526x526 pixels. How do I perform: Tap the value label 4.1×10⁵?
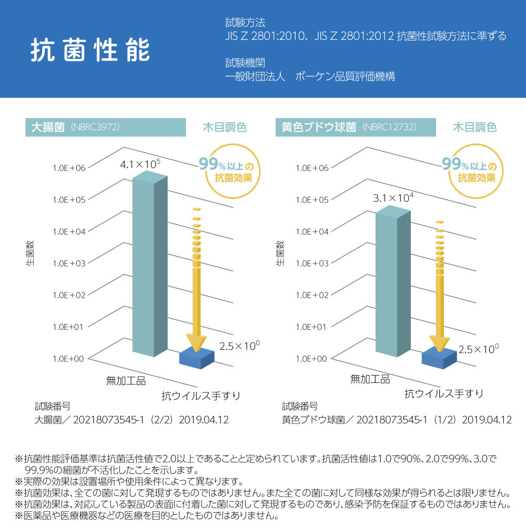(140, 164)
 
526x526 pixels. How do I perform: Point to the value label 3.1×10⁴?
(393, 198)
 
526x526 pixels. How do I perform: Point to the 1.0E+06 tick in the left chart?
(68, 168)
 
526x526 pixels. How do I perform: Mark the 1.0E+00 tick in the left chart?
(68, 359)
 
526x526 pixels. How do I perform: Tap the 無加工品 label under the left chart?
(126, 380)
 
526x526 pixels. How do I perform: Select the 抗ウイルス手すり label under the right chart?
(443, 393)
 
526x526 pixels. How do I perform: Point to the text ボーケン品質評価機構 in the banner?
(345, 77)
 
